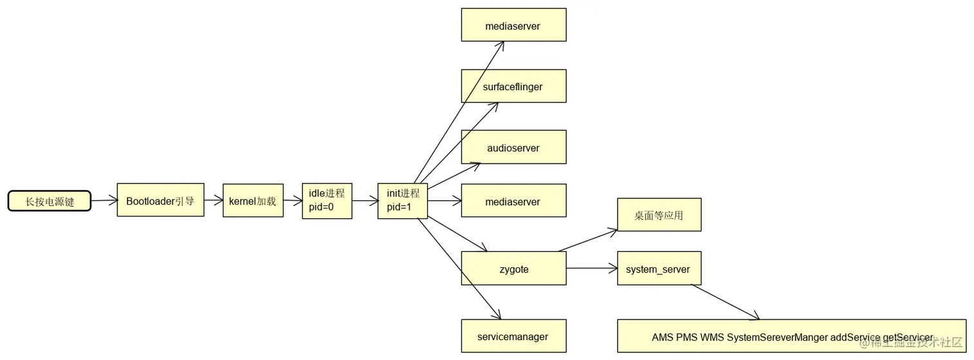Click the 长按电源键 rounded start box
click(50, 202)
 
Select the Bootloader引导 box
click(160, 200)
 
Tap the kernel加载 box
click(253, 201)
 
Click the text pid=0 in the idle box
click(321, 207)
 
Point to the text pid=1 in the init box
click(399, 207)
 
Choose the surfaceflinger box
click(513, 86)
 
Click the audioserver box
click(513, 147)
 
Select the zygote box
click(513, 269)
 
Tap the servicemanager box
click(513, 336)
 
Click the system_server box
click(658, 269)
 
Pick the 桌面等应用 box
click(658, 215)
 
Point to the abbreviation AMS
click(662, 337)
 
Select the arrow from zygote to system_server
click(591, 269)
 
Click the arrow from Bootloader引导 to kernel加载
click(213, 201)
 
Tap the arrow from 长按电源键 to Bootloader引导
click(104, 201)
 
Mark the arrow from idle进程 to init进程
click(365, 201)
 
